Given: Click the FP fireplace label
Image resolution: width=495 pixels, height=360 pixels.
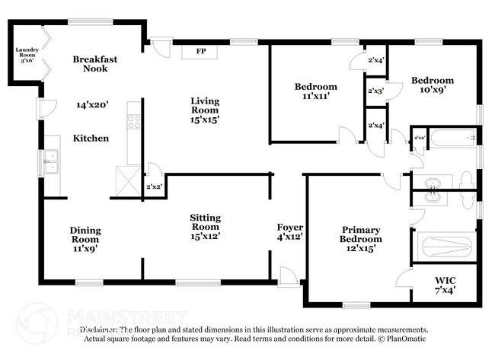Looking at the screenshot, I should click(201, 53).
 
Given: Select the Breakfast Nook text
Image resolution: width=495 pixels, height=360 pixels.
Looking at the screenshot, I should click(95, 63).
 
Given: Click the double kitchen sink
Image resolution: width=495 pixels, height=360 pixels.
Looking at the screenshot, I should click(52, 162).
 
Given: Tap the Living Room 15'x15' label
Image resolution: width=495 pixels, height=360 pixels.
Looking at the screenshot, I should click(204, 110).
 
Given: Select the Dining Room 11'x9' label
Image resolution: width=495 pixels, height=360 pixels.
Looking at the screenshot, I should click(85, 238).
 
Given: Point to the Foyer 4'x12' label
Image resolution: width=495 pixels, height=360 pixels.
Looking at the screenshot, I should click(289, 232).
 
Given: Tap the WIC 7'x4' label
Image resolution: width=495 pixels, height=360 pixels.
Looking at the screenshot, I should click(445, 284).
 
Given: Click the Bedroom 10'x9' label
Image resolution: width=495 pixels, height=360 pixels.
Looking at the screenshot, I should click(432, 84).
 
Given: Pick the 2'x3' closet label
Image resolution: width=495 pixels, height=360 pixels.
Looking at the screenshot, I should click(375, 91).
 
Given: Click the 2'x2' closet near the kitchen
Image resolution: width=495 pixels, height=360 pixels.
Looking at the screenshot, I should click(153, 186).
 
